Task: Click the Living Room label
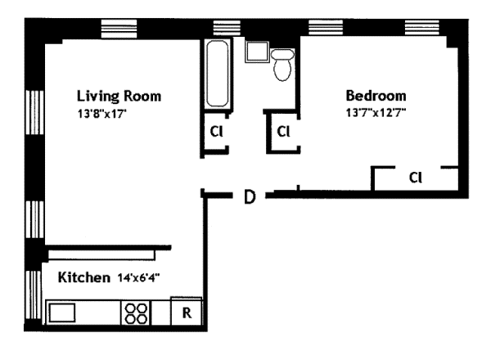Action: pos(119,96)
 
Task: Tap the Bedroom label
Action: pos(376,96)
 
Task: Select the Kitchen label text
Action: pos(84,277)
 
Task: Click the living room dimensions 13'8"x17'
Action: pos(101,114)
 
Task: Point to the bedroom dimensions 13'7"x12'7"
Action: pos(376,112)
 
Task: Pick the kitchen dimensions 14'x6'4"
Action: pos(139,277)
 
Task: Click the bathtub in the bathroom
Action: pos(218,74)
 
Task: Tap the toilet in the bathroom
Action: pos(282,65)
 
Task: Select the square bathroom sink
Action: pos(257,52)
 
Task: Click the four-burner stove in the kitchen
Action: pos(136,313)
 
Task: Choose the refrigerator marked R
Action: pos(187,312)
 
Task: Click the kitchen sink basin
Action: pos(62,313)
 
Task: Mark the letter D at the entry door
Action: pos(250,197)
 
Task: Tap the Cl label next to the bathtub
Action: pos(216,132)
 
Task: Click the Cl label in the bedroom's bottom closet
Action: pos(416,178)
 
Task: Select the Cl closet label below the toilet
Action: pos(283,132)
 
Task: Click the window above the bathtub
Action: pos(227,27)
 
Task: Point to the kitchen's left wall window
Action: pos(34,295)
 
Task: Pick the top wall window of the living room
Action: pos(119,28)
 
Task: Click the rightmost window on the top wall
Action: pos(421,27)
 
